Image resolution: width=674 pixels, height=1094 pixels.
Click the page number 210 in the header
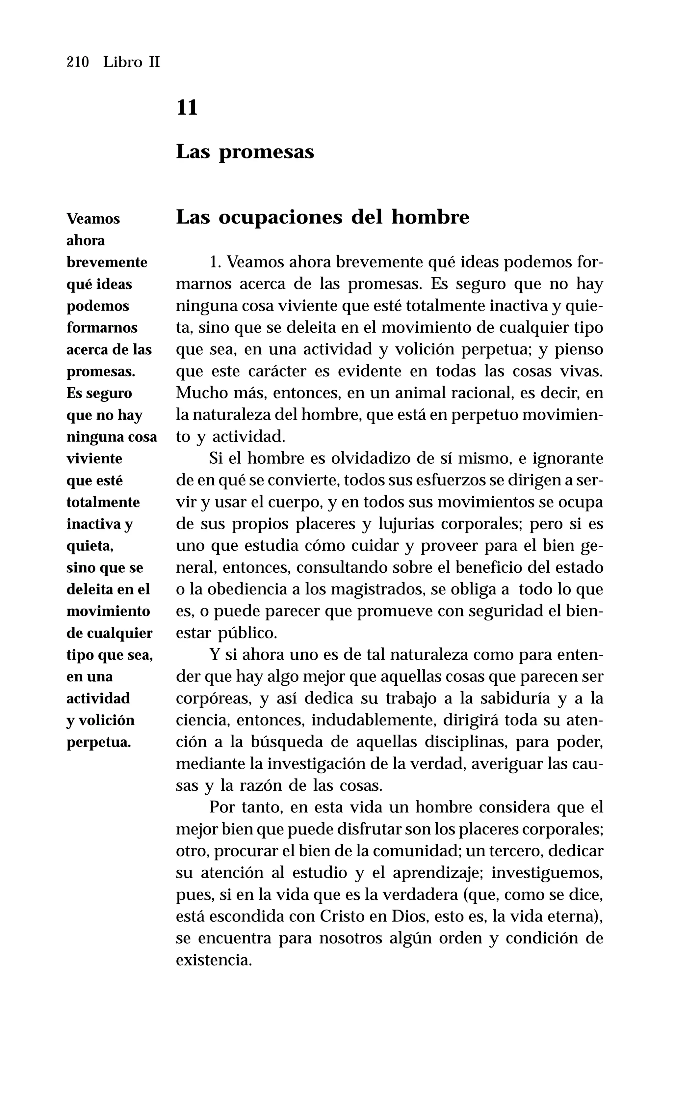[78, 62]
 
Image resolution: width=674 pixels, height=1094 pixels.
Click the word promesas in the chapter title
[266, 152]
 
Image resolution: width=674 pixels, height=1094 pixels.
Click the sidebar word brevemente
[107, 262]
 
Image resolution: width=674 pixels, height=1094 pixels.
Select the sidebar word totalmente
[103, 502]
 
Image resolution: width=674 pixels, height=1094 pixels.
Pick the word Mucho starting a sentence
[198, 393]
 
